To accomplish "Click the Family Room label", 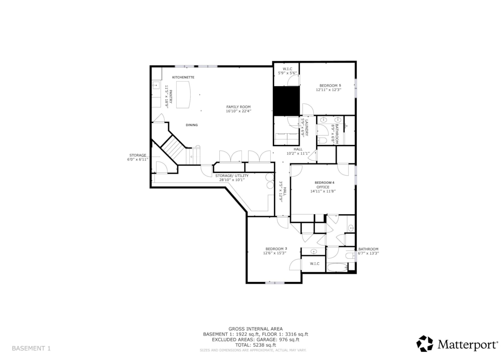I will pyautogui.click(x=238, y=107).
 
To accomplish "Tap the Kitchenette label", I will pyautogui.click(x=183, y=77).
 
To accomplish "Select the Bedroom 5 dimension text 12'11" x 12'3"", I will pyautogui.click(x=328, y=90).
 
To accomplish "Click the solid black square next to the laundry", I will pyautogui.click(x=286, y=101).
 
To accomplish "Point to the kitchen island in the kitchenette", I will pyautogui.click(x=183, y=94).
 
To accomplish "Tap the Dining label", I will pyautogui.click(x=192, y=125).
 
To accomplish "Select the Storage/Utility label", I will pyautogui.click(x=232, y=175).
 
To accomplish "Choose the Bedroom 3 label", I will pyautogui.click(x=276, y=249).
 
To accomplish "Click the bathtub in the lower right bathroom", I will pyautogui.click(x=337, y=268).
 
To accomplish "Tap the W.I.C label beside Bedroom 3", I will pyautogui.click(x=314, y=264).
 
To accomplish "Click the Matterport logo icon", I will pyautogui.click(x=424, y=343).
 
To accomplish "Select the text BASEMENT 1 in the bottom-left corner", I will pyautogui.click(x=31, y=348).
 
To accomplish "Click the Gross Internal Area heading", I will pyautogui.click(x=256, y=329).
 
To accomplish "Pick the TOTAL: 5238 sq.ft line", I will pyautogui.click(x=256, y=345).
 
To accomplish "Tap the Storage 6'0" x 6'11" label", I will pyautogui.click(x=138, y=157).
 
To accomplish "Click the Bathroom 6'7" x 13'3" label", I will pyautogui.click(x=368, y=251).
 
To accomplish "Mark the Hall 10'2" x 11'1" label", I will pyautogui.click(x=298, y=151).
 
